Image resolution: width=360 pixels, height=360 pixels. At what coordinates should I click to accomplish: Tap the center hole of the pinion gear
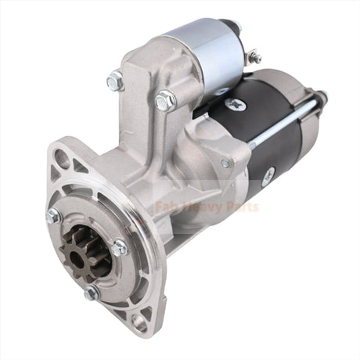point(77,260)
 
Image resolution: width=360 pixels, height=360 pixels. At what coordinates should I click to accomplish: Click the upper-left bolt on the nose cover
point(54,216)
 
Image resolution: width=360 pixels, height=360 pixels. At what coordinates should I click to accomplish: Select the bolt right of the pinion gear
point(120,248)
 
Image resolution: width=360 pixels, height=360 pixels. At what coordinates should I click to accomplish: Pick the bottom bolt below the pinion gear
point(92,293)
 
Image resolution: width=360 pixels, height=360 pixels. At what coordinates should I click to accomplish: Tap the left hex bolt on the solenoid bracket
point(115,81)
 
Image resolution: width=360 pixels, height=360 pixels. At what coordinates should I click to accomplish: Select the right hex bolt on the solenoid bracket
point(166,101)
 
